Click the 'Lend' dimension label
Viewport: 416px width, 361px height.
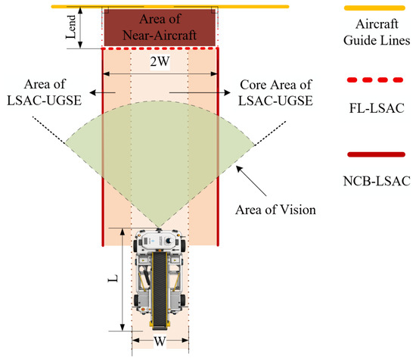(71, 26)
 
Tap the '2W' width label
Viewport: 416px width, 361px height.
(160, 61)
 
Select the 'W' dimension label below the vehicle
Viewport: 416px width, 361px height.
(160, 341)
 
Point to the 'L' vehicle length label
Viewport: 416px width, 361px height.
(113, 279)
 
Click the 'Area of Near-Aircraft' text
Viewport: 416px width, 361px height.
(160, 27)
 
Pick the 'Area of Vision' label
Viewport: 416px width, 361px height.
(275, 210)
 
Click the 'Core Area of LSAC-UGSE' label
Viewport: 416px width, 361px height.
(275, 92)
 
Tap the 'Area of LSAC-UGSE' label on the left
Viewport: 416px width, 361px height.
(45, 92)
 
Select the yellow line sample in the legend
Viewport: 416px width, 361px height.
(374, 8)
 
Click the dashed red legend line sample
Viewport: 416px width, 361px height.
(375, 79)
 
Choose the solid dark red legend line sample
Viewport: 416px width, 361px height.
(376, 154)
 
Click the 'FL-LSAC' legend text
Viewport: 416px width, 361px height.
(377, 108)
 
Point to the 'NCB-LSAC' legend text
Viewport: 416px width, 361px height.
(377, 182)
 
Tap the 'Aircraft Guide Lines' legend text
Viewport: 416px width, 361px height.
(377, 32)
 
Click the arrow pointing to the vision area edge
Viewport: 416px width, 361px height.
(251, 181)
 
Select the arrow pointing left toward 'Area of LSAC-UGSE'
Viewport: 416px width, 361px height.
(102, 92)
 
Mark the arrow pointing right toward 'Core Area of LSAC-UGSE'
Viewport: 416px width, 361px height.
(200, 92)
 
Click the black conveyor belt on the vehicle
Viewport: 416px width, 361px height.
(160, 289)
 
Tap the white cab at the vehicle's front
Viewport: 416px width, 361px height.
(159, 240)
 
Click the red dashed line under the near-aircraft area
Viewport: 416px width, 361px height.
(160, 48)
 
